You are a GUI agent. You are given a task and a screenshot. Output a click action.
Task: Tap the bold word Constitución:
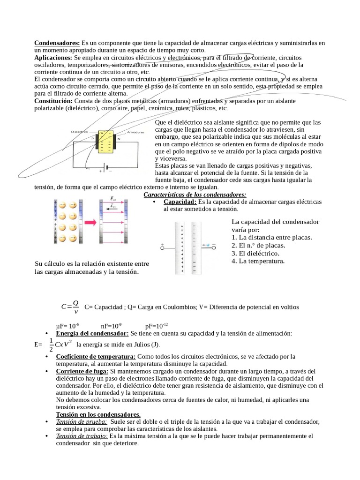coord(53,101)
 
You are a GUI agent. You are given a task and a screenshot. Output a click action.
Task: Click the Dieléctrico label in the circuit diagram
coord(80,132)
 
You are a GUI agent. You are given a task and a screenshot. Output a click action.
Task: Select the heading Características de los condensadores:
coord(195,195)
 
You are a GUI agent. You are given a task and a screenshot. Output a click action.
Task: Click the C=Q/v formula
coord(71,307)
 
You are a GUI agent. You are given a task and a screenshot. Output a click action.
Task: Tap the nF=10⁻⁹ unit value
coord(111,326)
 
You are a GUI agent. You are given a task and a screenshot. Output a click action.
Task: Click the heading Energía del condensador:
coord(92,333)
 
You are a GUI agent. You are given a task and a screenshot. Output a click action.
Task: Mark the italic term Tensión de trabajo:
coord(82,436)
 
